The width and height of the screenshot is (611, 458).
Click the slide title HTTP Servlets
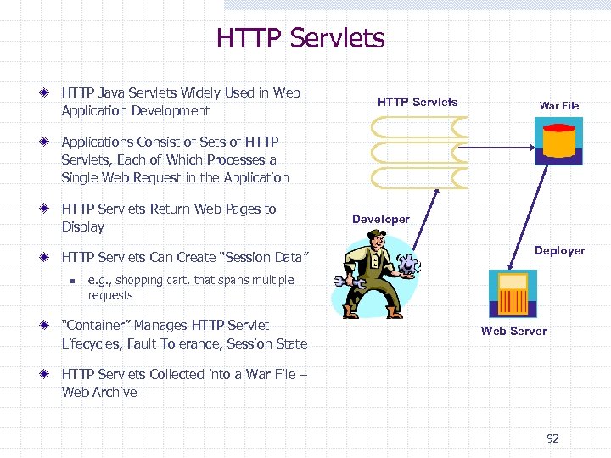(300, 38)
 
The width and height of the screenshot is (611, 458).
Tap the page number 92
(552, 438)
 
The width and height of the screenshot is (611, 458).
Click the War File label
(558, 106)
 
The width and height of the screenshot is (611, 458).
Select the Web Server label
(513, 331)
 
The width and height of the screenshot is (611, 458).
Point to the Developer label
(380, 219)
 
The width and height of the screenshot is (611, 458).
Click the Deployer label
(559, 250)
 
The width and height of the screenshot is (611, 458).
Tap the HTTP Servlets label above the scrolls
(417, 102)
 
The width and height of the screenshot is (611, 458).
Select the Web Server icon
(513, 293)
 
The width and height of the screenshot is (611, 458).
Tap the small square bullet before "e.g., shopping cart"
(73, 281)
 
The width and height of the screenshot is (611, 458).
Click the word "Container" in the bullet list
(96, 325)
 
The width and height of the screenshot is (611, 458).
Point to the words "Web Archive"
(99, 392)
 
